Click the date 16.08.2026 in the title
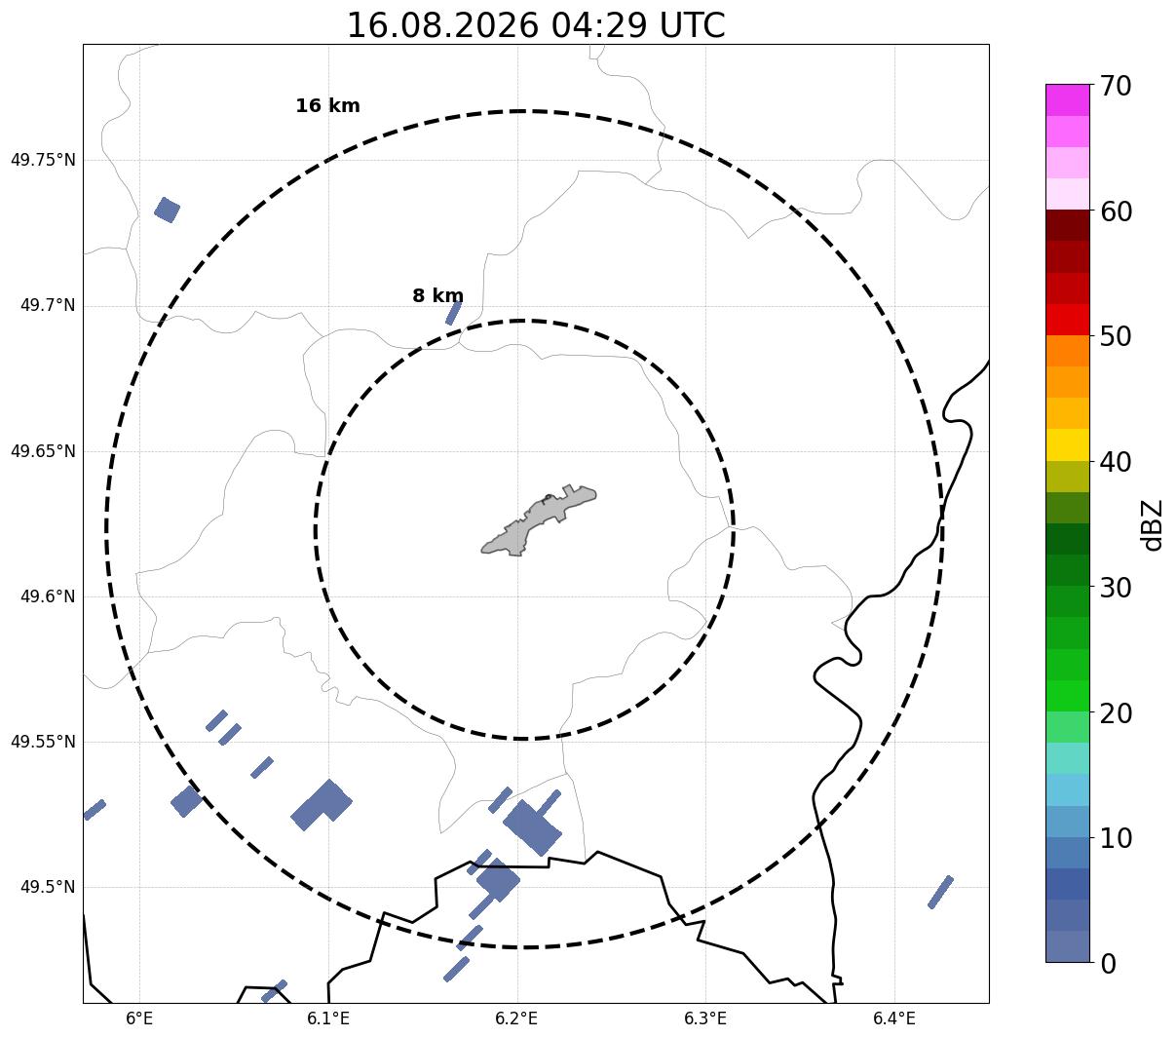(443, 25)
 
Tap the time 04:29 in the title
(599, 25)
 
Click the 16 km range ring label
(328, 105)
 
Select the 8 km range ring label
(437, 295)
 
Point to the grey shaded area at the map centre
(539, 520)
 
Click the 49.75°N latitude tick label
(43, 160)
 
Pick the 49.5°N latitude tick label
(48, 887)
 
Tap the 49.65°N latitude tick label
(43, 451)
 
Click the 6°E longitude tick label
(139, 1019)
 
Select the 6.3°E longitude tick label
(705, 1019)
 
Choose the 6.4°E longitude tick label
(893, 1019)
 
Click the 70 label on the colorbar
(1116, 87)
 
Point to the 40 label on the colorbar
(1116, 463)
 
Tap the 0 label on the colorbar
(1108, 965)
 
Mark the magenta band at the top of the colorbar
(1068, 99)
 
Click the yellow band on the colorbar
(1068, 444)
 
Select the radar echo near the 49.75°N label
(168, 210)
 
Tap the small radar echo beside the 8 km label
(453, 314)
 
